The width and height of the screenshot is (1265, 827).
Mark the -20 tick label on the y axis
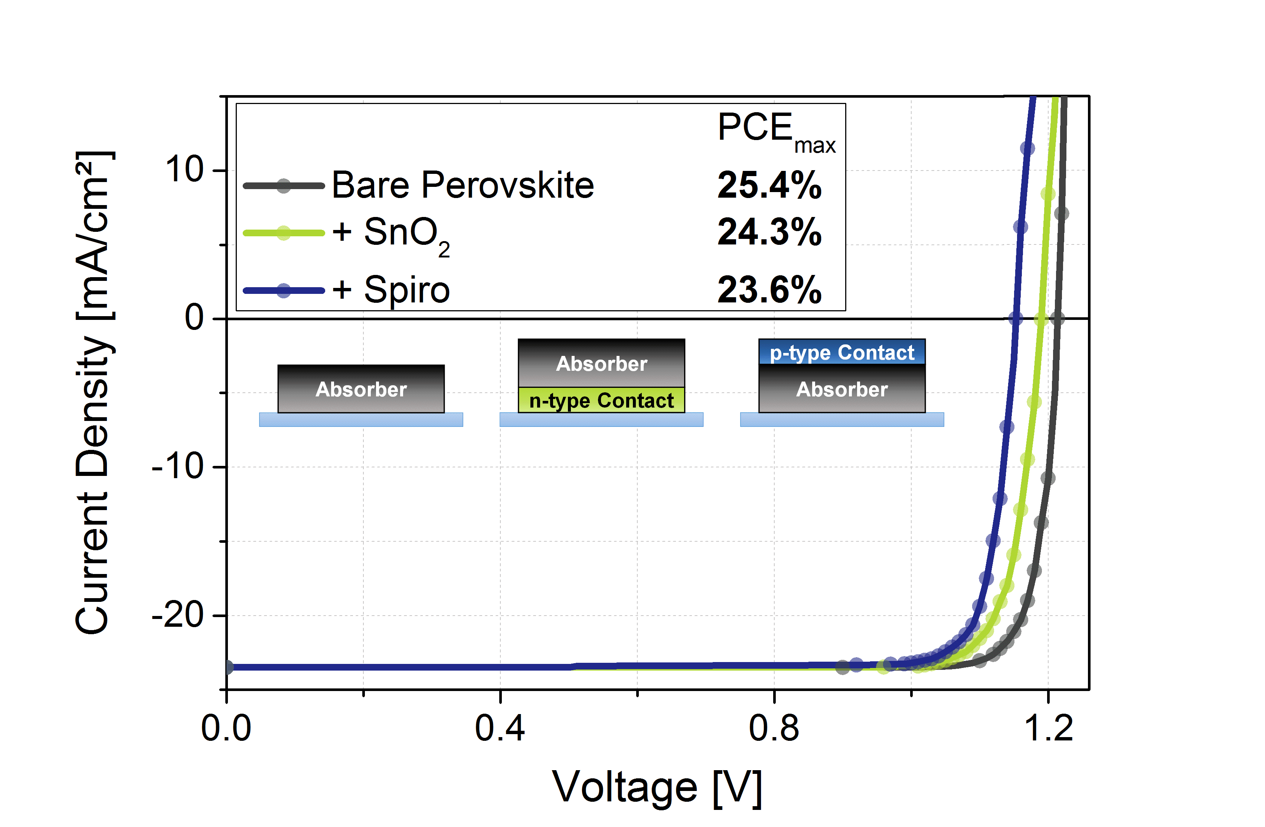[178, 615]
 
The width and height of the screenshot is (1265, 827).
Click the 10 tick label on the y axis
[184, 170]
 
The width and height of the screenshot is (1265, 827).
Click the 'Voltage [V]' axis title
[657, 788]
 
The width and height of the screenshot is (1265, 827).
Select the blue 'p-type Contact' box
[842, 352]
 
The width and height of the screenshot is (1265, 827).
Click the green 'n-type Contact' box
[601, 400]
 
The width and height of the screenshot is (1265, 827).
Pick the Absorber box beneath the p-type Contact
[842, 389]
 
